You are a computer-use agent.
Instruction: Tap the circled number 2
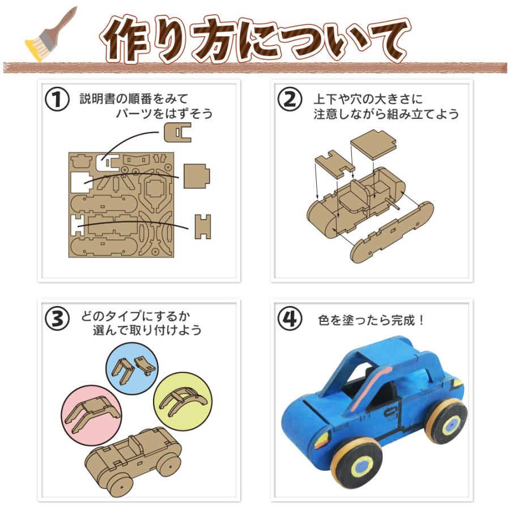pyautogui.click(x=290, y=100)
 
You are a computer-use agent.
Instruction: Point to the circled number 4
pyautogui.click(x=290, y=319)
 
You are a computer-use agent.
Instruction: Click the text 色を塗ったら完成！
pyautogui.click(x=372, y=320)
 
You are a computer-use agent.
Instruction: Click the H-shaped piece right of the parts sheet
pyautogui.click(x=203, y=226)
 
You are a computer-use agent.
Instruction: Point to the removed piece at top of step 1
pyautogui.click(x=178, y=131)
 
